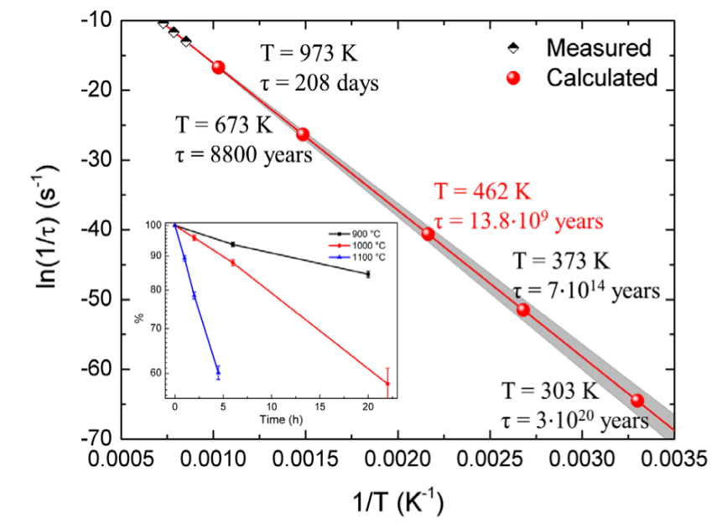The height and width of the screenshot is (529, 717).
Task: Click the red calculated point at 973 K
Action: pyautogui.click(x=219, y=67)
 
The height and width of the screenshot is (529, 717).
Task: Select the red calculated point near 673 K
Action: pyautogui.click(x=303, y=134)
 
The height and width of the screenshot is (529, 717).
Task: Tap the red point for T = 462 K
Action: pyautogui.click(x=428, y=234)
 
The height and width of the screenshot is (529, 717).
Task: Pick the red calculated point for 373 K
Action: pyautogui.click(x=522, y=309)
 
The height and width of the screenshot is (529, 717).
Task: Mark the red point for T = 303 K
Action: pyautogui.click(x=636, y=400)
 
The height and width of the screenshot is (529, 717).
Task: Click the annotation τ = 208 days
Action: pyautogui.click(x=320, y=83)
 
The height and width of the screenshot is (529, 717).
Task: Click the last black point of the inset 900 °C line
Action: pyautogui.click(x=367, y=274)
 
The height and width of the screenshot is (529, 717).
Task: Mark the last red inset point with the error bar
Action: pyautogui.click(x=387, y=383)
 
